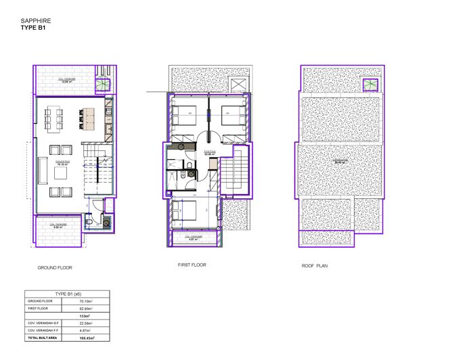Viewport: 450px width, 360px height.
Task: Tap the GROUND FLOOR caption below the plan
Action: [55, 267]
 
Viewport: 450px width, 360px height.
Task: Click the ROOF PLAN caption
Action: [315, 266]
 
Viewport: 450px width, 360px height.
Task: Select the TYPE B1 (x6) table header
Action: [60, 293]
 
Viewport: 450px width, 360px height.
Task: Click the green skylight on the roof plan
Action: [370, 84]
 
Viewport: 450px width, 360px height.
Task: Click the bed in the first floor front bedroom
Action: [185, 211]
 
